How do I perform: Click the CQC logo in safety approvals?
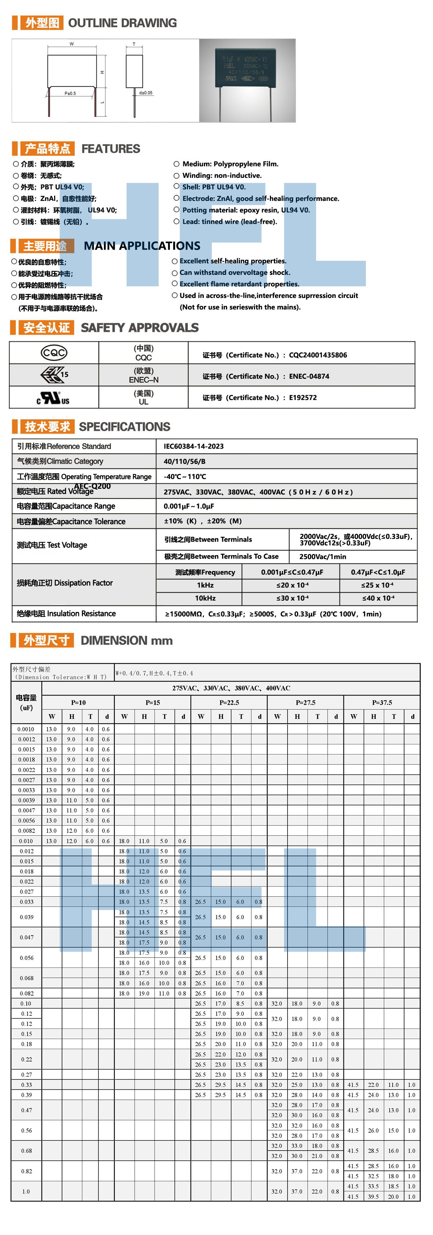click(x=54, y=353)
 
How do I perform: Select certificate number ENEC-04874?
click(x=309, y=376)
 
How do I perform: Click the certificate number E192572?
click(x=303, y=397)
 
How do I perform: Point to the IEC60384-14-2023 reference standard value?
click(x=194, y=446)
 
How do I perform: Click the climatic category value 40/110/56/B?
click(x=185, y=461)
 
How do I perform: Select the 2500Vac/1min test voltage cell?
click(x=322, y=557)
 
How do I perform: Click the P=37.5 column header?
click(x=382, y=702)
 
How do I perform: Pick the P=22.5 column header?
click(x=229, y=702)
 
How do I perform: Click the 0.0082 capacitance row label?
click(x=26, y=831)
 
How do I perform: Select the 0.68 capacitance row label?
click(x=26, y=1151)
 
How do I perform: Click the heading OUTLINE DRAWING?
click(x=122, y=23)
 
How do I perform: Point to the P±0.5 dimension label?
click(x=70, y=93)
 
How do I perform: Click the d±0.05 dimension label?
click(x=146, y=93)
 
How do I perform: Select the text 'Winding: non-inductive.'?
click(x=222, y=175)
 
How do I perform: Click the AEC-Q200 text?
click(x=92, y=486)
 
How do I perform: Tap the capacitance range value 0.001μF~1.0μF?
click(x=189, y=506)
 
